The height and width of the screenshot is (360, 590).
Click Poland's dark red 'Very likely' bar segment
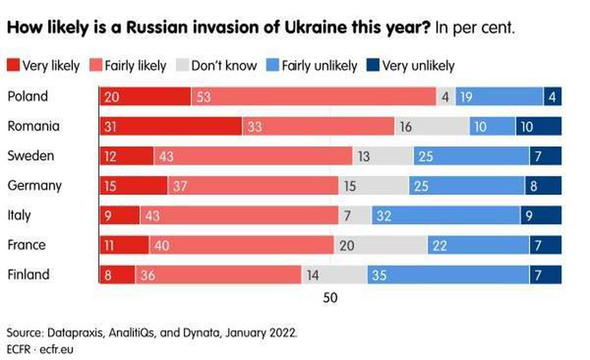(145, 96)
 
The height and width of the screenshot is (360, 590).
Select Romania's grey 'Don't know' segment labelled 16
(432, 126)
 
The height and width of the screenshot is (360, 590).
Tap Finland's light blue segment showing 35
(448, 275)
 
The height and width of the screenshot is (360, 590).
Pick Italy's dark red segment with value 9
(119, 215)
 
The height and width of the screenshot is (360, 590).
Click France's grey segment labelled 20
(381, 245)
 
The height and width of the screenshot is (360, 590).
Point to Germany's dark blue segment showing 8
(543, 185)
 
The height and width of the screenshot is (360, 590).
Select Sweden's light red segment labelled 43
(253, 156)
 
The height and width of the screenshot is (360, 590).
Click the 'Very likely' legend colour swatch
(13, 65)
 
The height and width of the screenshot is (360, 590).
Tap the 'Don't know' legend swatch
(182, 65)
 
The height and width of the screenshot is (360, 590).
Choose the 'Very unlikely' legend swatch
(373, 65)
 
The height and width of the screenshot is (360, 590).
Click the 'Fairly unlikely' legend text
(320, 65)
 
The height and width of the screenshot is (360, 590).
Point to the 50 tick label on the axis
(330, 298)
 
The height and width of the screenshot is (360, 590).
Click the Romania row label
(33, 126)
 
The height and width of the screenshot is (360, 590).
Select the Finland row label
(29, 274)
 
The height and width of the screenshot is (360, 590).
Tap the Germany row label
(34, 186)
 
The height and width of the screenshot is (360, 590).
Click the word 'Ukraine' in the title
(315, 28)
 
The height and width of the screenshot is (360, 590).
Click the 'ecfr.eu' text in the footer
(57, 350)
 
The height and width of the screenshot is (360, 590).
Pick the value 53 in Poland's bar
(204, 97)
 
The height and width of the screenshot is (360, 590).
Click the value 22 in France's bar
(440, 246)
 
